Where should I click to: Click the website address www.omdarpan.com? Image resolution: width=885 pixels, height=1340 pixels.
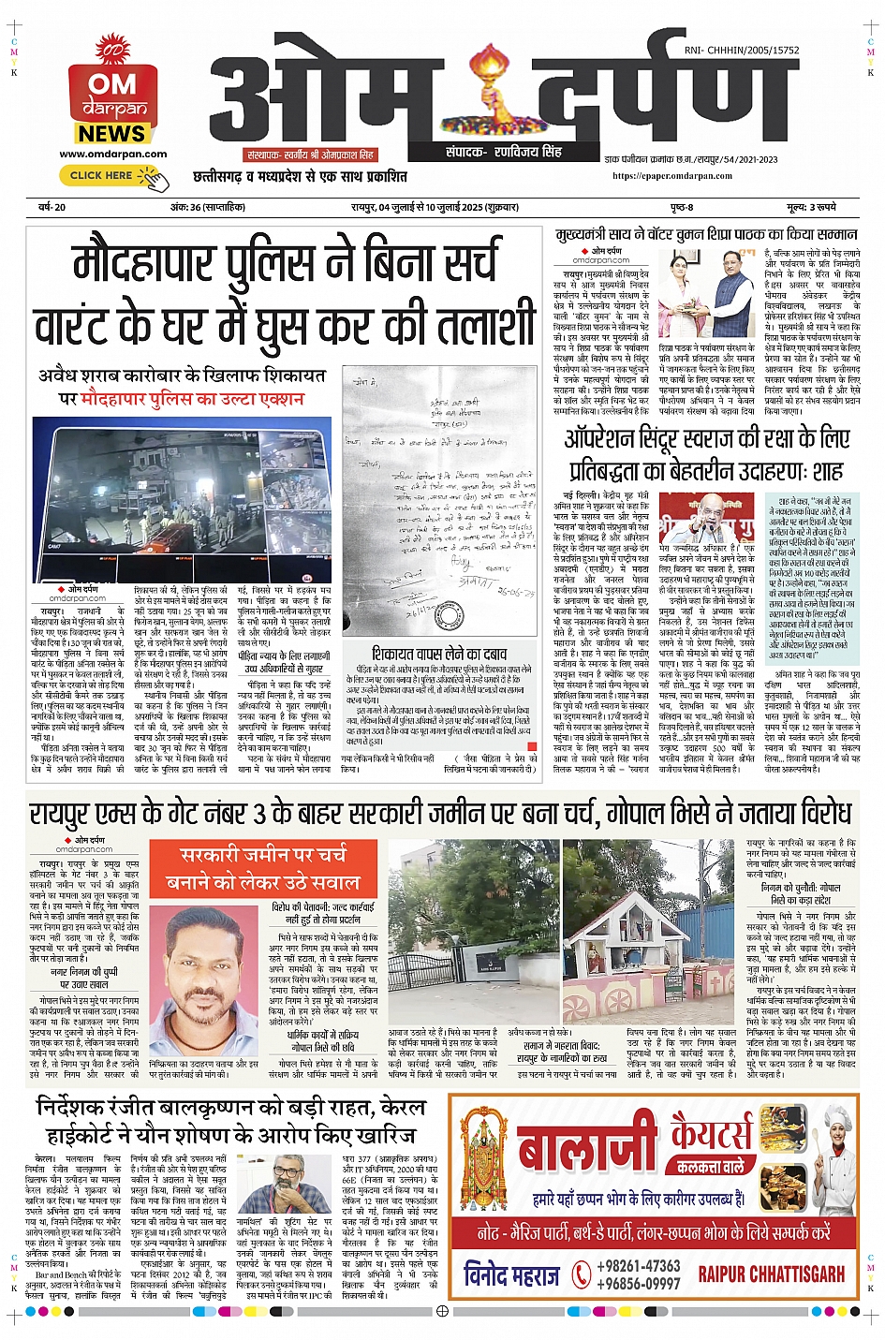coord(112,154)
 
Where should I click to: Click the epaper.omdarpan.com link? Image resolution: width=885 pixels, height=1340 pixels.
coord(672,175)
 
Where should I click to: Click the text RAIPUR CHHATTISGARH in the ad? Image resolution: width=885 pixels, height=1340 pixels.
coord(771,1274)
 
